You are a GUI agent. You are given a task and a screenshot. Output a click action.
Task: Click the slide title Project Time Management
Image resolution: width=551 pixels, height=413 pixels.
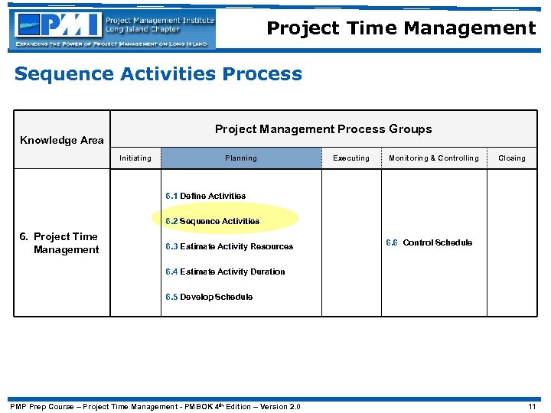point(401,29)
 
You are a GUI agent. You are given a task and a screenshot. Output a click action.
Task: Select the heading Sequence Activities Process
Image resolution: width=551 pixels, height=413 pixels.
point(158,74)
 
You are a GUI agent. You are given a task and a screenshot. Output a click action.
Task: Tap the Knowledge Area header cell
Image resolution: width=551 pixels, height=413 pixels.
point(62,140)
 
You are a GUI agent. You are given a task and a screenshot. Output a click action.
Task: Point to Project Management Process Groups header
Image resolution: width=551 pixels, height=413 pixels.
point(323,129)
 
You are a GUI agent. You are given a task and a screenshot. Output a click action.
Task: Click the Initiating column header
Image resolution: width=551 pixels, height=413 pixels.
point(135,158)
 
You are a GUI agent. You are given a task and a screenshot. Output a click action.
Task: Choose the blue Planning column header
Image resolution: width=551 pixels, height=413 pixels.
point(241,158)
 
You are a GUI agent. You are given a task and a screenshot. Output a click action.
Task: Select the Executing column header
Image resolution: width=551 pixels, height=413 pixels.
point(351,158)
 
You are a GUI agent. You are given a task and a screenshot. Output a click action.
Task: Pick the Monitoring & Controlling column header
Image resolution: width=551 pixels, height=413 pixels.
point(434,158)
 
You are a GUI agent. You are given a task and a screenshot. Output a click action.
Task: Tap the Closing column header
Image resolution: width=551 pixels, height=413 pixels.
point(512,158)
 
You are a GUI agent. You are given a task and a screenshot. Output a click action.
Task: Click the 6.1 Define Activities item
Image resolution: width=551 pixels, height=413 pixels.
point(205,196)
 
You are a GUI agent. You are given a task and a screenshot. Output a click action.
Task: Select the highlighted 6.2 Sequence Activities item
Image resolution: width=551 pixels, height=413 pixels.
point(212,221)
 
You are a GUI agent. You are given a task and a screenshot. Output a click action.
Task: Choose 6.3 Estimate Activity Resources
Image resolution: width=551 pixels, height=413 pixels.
point(229,246)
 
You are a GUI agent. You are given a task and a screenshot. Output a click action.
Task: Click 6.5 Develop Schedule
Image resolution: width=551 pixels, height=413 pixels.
point(209,297)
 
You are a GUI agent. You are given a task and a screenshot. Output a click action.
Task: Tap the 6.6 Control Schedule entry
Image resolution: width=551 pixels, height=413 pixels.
point(429,242)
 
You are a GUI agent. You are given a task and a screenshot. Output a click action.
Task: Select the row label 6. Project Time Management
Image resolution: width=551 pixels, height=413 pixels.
point(60,243)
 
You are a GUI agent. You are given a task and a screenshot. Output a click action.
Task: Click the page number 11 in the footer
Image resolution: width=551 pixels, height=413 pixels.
point(532,406)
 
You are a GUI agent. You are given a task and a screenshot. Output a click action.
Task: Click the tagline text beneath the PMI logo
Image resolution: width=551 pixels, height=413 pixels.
point(112,44)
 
